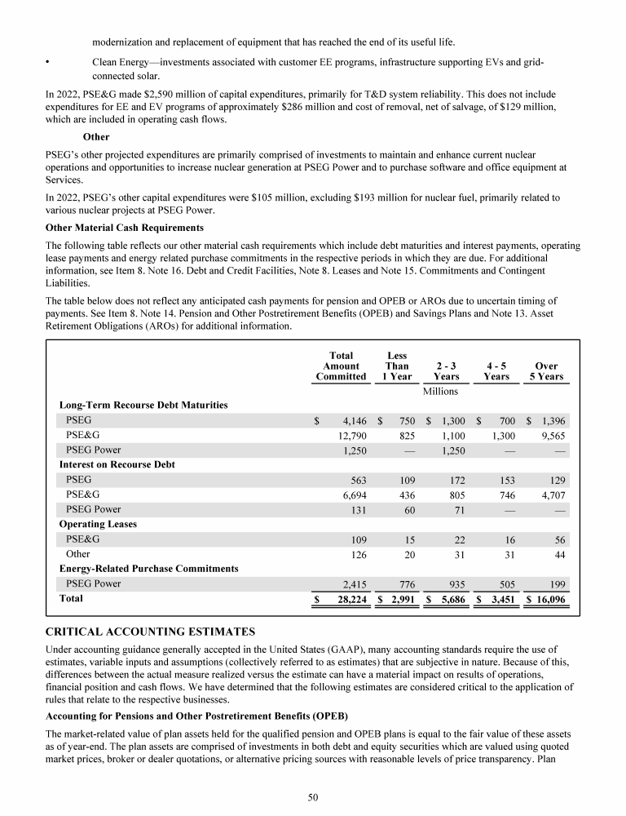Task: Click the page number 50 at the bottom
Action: pyautogui.click(x=313, y=797)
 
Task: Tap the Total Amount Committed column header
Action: pyautogui.click(x=341, y=366)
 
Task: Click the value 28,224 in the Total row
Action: pyautogui.click(x=349, y=599)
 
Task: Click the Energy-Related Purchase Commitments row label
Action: pyautogui.click(x=149, y=568)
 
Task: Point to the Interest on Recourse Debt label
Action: pyautogui.click(x=117, y=464)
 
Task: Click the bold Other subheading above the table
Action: pyautogui.click(x=95, y=136)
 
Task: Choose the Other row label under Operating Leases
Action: pyautogui.click(x=78, y=554)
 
